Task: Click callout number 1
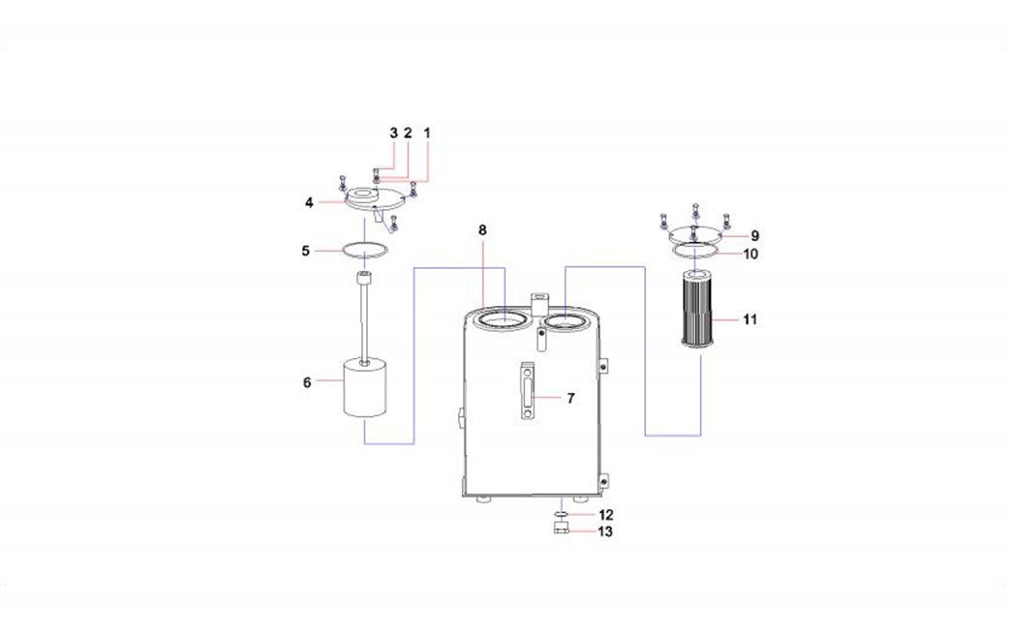(x=426, y=132)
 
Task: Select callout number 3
(x=394, y=132)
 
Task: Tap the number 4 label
(x=309, y=202)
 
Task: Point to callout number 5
(x=306, y=251)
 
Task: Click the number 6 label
(x=307, y=382)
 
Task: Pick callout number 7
(x=570, y=398)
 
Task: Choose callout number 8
(x=482, y=229)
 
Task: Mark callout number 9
(x=755, y=235)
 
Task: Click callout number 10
(x=751, y=255)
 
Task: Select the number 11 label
(x=751, y=317)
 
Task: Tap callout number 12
(x=605, y=515)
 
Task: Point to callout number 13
(x=605, y=531)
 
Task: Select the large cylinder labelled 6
(x=366, y=387)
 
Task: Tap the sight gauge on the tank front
(x=527, y=392)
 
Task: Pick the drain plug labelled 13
(x=561, y=528)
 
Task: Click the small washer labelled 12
(x=561, y=515)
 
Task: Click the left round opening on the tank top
(x=504, y=318)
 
